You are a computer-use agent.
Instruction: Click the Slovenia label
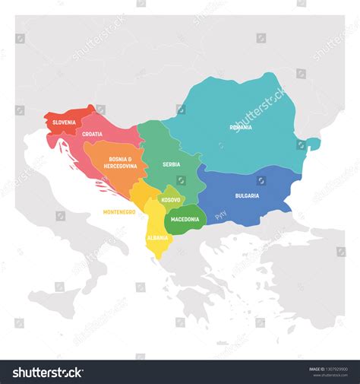tap(64, 122)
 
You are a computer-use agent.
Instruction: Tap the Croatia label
tap(93, 134)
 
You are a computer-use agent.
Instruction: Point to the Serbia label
tap(171, 163)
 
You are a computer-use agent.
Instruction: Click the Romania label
tap(241, 128)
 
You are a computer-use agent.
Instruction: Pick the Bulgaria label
tap(247, 195)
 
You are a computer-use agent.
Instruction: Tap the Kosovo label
tap(170, 200)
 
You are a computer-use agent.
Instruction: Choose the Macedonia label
tap(185, 219)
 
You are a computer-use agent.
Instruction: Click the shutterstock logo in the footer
tap(48, 372)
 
